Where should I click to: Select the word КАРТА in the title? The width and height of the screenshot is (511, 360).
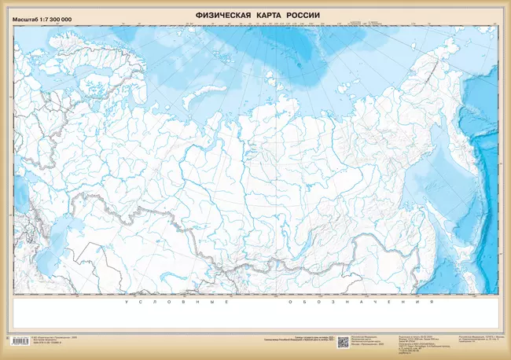point(273,15)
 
